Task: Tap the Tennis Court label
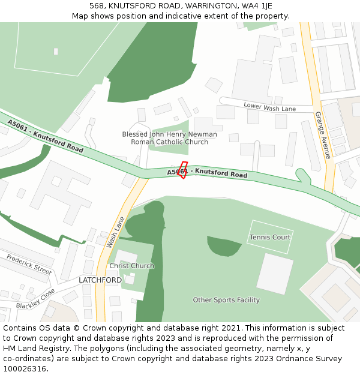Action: pyautogui.click(x=270, y=237)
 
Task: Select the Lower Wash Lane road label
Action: pyautogui.click(x=269, y=107)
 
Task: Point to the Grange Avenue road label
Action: pyautogui.click(x=323, y=135)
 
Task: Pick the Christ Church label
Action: pyautogui.click(x=131, y=266)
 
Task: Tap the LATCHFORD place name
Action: pyautogui.click(x=100, y=280)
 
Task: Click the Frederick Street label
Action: pyautogui.click(x=29, y=264)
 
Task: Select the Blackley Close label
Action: pyautogui.click(x=35, y=298)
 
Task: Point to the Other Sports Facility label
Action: pyautogui.click(x=226, y=300)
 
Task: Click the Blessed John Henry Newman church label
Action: pyautogui.click(x=170, y=138)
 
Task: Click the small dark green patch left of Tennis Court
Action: pyautogui.click(x=223, y=245)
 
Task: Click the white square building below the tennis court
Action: pyautogui.click(x=275, y=274)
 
